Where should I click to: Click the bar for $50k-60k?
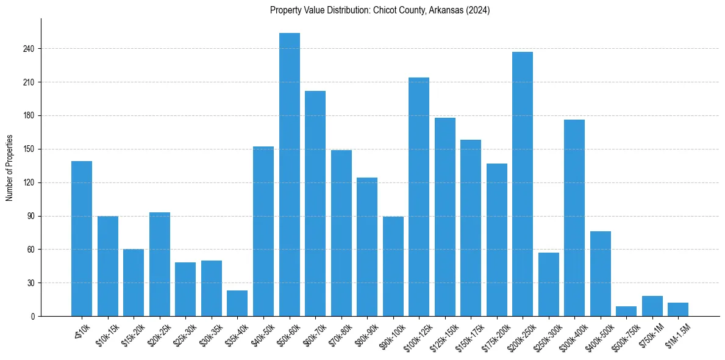pos(289,175)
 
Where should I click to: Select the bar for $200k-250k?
pos(523,184)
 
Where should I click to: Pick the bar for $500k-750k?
pos(626,311)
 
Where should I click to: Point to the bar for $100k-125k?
pos(419,196)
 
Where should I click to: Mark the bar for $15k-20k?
pos(134,283)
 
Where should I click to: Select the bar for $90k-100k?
pos(393,266)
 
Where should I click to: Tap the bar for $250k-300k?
pos(549,284)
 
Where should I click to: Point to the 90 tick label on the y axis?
pos(31,216)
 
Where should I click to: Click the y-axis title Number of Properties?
pos(9,168)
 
